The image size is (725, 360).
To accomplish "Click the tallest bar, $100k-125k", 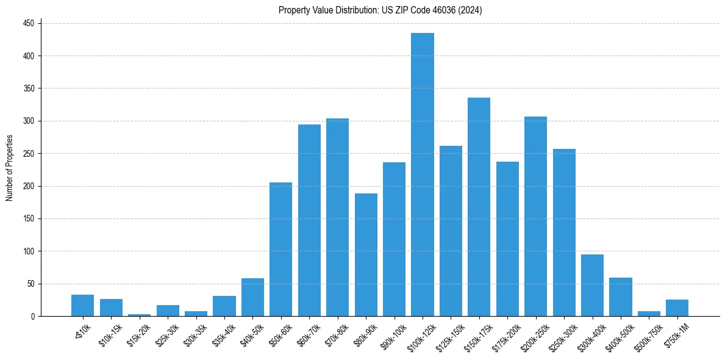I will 423,175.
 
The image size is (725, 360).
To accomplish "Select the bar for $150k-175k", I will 479,207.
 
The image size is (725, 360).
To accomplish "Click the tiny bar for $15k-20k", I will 139,315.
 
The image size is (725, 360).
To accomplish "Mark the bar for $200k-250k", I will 535,216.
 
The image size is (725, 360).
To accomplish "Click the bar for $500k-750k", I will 649,314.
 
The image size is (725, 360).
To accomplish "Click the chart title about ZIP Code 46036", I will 380,10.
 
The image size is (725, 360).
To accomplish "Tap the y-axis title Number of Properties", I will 9,168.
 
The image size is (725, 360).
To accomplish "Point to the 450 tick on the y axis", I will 29,23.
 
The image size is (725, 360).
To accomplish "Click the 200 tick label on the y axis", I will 29,186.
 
